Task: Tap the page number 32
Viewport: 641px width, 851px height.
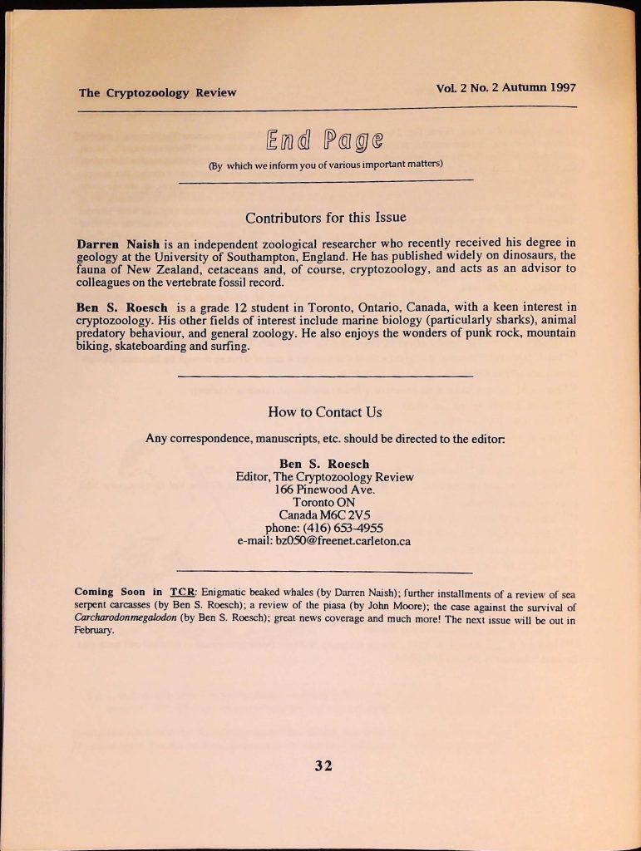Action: pos(324,765)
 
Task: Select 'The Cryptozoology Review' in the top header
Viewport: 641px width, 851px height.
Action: pos(158,92)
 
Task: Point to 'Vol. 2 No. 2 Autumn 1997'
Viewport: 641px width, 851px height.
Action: pos(505,87)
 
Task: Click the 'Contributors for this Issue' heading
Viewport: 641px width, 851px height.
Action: pos(325,218)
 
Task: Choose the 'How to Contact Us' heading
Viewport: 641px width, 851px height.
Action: pos(325,411)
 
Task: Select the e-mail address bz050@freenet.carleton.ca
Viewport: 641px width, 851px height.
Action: pos(343,541)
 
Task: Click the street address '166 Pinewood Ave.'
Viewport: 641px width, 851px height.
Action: pos(324,489)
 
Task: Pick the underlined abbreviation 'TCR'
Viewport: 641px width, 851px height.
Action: pos(181,592)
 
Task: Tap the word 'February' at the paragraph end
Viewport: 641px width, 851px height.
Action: pos(92,631)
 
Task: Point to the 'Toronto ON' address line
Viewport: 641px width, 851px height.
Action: pos(324,502)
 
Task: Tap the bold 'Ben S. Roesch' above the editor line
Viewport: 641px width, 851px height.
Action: pos(324,464)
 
